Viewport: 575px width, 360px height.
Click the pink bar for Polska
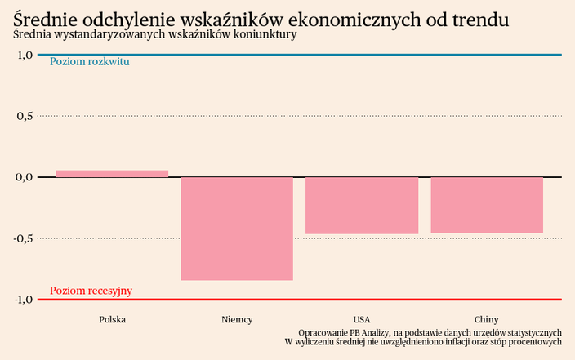click(112, 173)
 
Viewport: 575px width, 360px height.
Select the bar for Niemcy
click(237, 229)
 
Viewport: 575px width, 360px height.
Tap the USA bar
click(362, 206)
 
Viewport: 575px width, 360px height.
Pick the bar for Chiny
click(487, 205)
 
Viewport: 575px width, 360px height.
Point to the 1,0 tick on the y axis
click(24, 55)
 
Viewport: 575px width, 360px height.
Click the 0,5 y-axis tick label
click(24, 116)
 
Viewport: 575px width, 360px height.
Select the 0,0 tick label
click(24, 177)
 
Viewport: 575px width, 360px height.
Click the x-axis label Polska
click(112, 319)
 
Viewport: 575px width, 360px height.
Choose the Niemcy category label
click(237, 319)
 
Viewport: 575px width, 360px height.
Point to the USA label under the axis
click(362, 319)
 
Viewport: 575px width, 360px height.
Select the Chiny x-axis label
click(487, 319)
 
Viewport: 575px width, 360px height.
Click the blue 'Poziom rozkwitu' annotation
click(90, 62)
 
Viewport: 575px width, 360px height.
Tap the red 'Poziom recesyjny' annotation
click(91, 291)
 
